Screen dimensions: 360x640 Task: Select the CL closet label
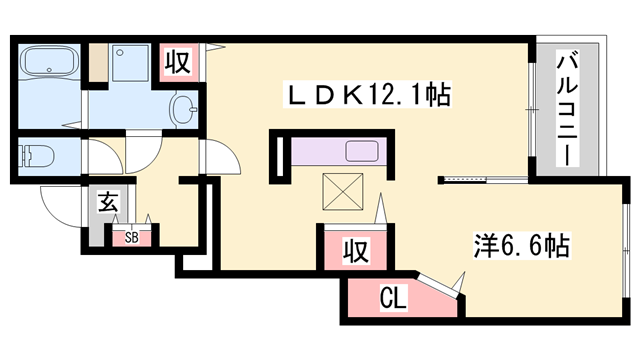[x=392, y=297]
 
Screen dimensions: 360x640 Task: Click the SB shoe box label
[x=131, y=238]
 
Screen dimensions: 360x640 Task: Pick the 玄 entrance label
[x=107, y=203]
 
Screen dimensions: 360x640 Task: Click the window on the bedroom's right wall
[x=624, y=245]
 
